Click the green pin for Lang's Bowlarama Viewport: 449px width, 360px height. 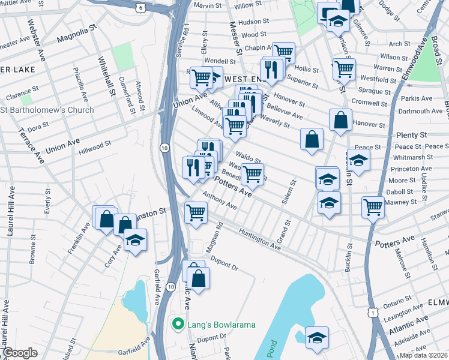click(x=178, y=325)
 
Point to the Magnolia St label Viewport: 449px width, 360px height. click(x=77, y=40)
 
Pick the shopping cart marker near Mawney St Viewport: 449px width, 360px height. click(x=373, y=207)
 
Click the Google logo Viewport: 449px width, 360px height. click(x=20, y=353)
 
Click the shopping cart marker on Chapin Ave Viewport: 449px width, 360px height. click(x=283, y=53)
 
